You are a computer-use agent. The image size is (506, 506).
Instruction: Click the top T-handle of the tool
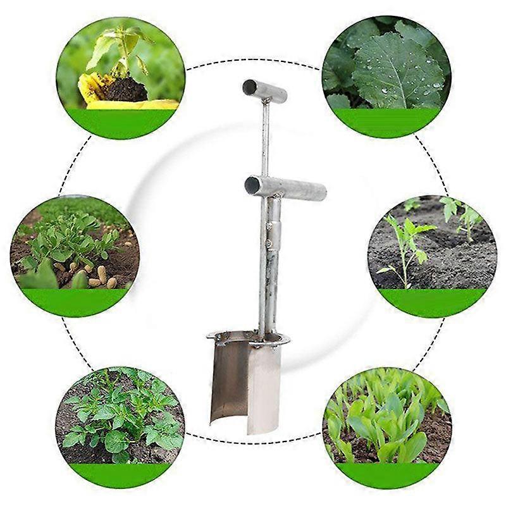pyautogui.click(x=264, y=91)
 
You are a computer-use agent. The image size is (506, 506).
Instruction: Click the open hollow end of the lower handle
pyautogui.click(x=252, y=185)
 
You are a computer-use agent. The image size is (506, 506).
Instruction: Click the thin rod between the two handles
pyautogui.click(x=265, y=139)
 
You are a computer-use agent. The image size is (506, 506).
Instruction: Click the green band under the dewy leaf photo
pyautogui.click(x=386, y=121)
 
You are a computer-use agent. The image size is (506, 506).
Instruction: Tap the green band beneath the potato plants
pyautogui.click(x=120, y=474)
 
